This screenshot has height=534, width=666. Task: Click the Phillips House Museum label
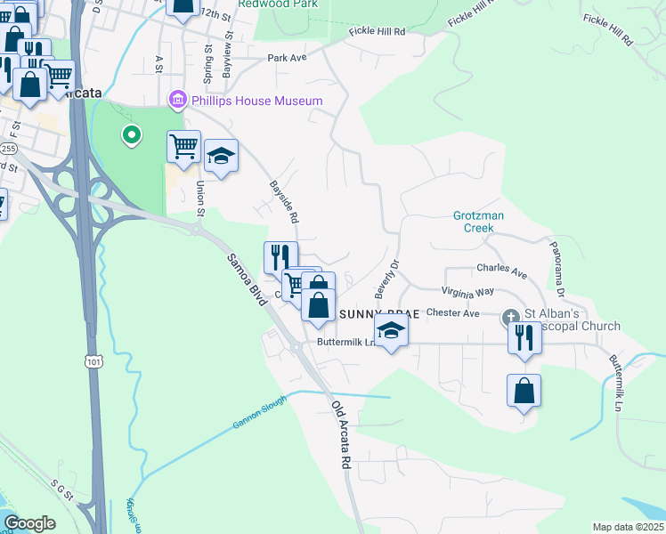click(x=256, y=101)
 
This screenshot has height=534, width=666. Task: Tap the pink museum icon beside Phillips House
click(x=177, y=101)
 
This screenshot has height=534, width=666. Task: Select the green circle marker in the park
click(x=131, y=135)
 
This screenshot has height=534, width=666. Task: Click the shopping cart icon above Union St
click(x=183, y=146)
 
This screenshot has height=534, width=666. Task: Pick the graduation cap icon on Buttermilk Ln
click(x=390, y=331)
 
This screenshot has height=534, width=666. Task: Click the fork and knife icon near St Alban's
click(x=524, y=338)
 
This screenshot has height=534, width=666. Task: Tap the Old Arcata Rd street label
click(x=341, y=435)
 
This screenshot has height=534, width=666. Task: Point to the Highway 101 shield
click(x=93, y=361)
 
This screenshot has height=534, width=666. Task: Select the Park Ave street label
click(x=287, y=58)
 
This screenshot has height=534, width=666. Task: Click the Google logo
click(x=29, y=523)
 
